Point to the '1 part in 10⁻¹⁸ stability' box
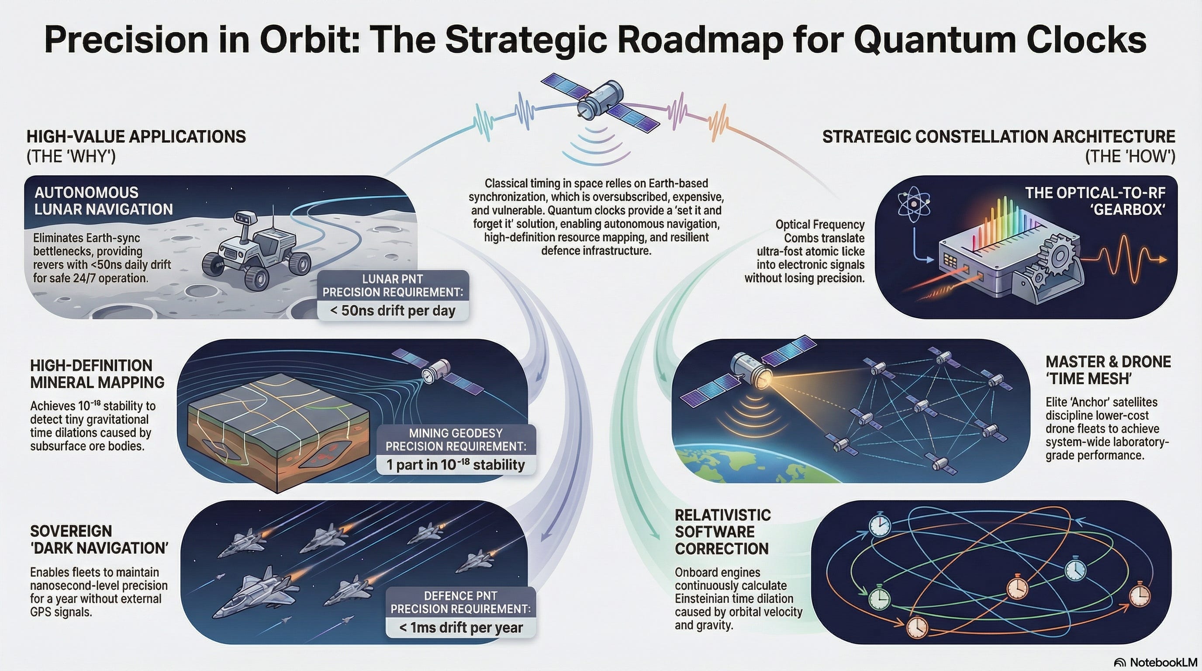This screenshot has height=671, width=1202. [456, 465]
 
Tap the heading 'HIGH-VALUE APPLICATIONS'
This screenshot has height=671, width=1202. [136, 137]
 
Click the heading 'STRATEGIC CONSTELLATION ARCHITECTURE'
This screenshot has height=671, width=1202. [998, 137]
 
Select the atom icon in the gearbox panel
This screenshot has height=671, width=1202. [913, 205]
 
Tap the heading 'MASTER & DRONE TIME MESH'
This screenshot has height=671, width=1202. [1108, 370]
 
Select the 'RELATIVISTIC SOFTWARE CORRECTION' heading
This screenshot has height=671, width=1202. [722, 532]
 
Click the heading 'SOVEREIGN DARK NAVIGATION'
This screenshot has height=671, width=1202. [99, 540]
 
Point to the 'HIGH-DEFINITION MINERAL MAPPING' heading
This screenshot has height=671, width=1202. [97, 374]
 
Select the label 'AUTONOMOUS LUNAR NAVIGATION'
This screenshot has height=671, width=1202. [103, 201]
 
